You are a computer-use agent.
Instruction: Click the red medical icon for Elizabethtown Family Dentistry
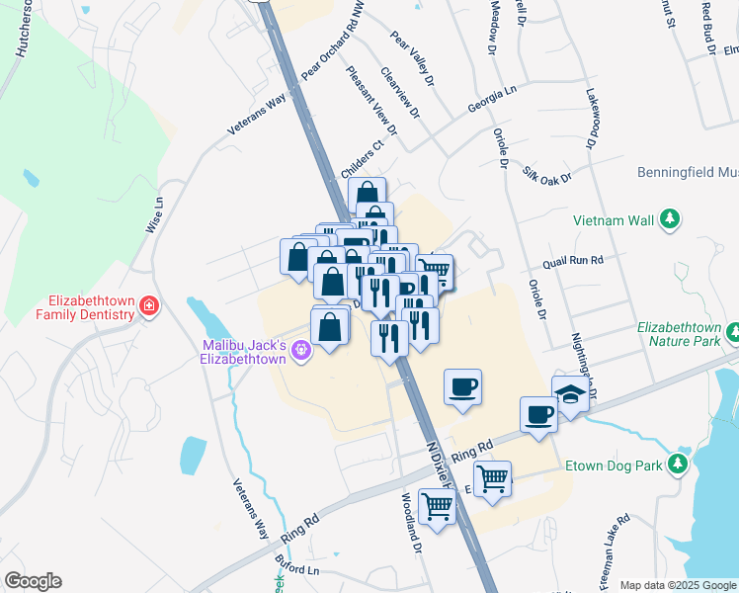pyautogui.click(x=148, y=306)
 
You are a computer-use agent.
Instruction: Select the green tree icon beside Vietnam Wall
pyautogui.click(x=670, y=217)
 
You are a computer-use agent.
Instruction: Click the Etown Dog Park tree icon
pyautogui.click(x=678, y=463)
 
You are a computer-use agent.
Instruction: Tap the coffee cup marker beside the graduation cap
pyautogui.click(x=538, y=412)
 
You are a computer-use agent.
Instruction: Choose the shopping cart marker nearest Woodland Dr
pyautogui.click(x=435, y=507)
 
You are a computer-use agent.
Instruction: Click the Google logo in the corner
pyautogui.click(x=33, y=581)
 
